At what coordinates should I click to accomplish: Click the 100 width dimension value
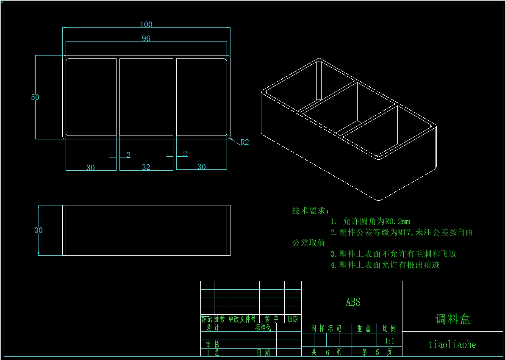coord(146,25)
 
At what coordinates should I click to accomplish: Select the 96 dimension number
coord(146,39)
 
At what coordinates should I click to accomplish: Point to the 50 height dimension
coord(35,97)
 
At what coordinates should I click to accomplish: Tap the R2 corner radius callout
coord(244,142)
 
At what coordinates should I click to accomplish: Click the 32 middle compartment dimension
coord(146,167)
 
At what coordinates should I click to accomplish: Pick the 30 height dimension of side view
coord(39,230)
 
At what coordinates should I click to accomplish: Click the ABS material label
coord(353,302)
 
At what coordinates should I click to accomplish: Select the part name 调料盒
coord(453,319)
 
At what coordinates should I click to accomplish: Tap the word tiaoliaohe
coord(452,345)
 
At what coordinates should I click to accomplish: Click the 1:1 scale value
coord(389,341)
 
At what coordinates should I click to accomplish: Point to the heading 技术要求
coord(311,210)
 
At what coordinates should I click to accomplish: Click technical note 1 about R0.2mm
coord(370,221)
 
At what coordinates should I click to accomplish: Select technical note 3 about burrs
coord(393,254)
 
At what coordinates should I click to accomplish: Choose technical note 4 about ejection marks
coord(385,265)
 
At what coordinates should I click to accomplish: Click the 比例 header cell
coord(389,328)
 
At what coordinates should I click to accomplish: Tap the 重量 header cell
coord(364,328)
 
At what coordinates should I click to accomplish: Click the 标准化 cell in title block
coord(263,327)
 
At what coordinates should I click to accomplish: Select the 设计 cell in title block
coord(213,327)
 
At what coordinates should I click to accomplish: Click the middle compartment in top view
coord(146,97)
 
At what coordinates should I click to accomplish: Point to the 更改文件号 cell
coord(242,319)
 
